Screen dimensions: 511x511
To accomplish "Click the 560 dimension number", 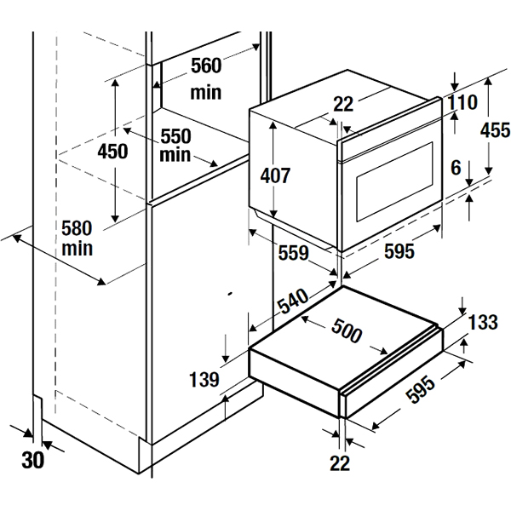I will pyautogui.click(x=205, y=66).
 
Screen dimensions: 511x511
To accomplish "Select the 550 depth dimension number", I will pyautogui.click(x=175, y=136).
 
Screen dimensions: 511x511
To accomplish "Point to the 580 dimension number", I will pyautogui.click(x=77, y=228).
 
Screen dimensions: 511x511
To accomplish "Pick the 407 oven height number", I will pyautogui.click(x=275, y=176).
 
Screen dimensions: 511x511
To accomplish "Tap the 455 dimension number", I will pyautogui.click(x=495, y=130).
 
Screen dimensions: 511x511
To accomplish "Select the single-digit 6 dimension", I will pyautogui.click(x=456, y=169).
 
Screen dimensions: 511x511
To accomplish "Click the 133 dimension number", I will pyautogui.click(x=483, y=322).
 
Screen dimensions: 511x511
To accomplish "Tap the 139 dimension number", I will pyautogui.click(x=205, y=379).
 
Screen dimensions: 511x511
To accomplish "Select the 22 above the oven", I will pyautogui.click(x=343, y=104).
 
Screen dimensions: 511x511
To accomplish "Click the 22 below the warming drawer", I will pyautogui.click(x=342, y=462).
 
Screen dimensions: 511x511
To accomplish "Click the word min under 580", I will pyautogui.click(x=77, y=249).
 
